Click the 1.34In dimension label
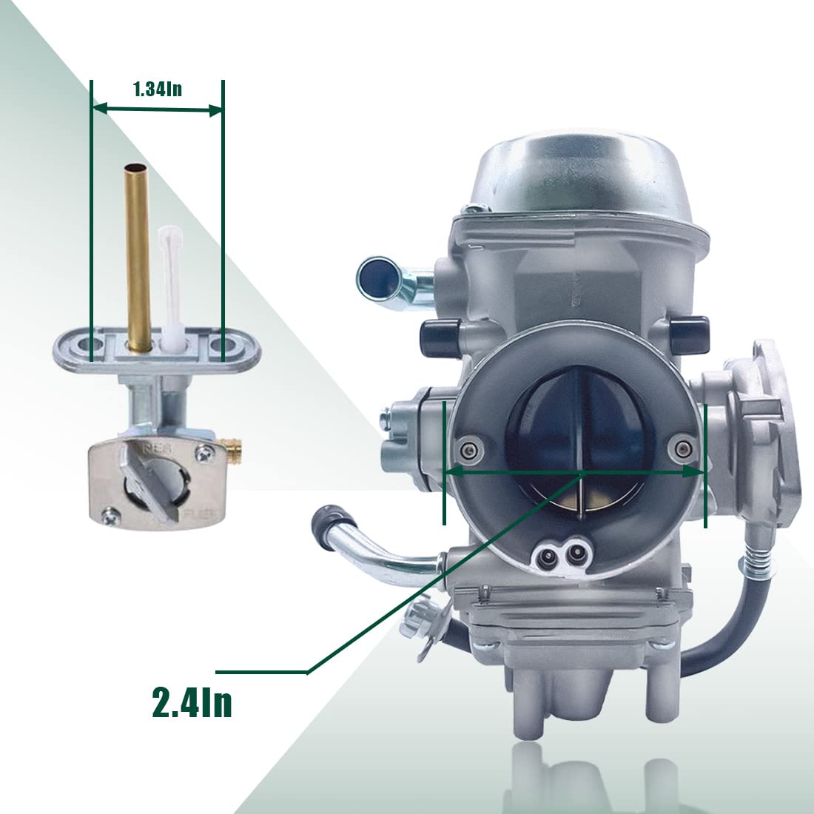click(158, 90)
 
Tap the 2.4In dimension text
click(192, 702)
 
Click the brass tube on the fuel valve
click(138, 258)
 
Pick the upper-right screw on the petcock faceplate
click(203, 454)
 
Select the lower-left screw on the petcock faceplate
click(110, 516)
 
